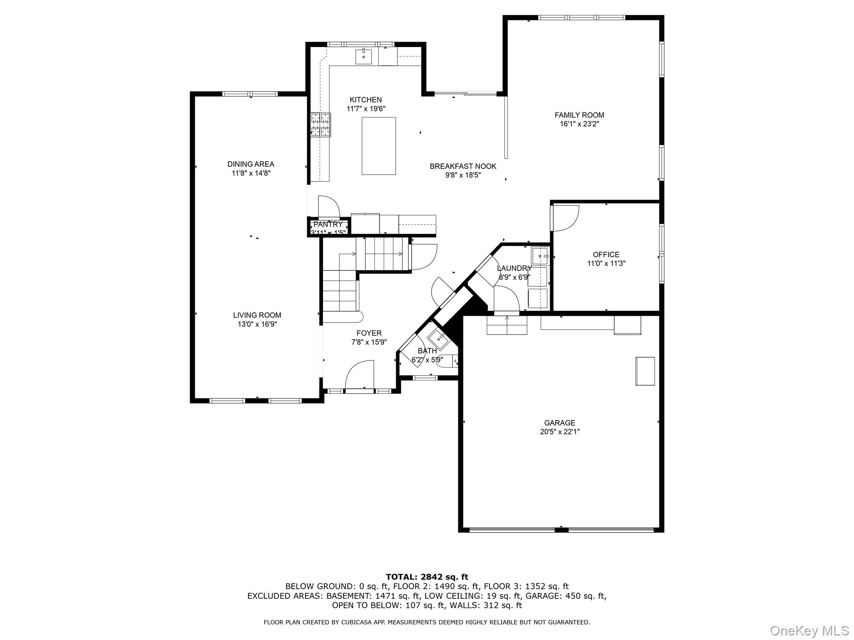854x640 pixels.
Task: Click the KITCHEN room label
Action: point(365,100)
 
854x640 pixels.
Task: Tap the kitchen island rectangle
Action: point(379,146)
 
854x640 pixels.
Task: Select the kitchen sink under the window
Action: point(364,56)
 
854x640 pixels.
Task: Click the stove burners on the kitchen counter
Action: point(320,125)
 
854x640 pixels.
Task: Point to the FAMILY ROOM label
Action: point(579,115)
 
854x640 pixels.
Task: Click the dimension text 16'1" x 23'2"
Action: point(579,124)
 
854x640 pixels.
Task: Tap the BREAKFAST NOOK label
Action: point(463,166)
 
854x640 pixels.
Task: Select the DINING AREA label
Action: point(251,164)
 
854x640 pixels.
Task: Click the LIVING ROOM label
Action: point(257,315)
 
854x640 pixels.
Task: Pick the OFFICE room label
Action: point(606,255)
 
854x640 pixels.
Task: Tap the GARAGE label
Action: point(560,423)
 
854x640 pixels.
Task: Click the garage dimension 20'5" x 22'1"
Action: point(560,432)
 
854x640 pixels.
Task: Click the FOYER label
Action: point(369,333)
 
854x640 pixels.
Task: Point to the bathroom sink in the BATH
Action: point(439,337)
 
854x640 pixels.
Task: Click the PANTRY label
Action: point(328,225)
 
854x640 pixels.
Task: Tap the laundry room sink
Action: point(540,256)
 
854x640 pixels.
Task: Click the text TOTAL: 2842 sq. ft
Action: point(427,577)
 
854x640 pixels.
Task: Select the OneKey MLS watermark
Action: point(809,630)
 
